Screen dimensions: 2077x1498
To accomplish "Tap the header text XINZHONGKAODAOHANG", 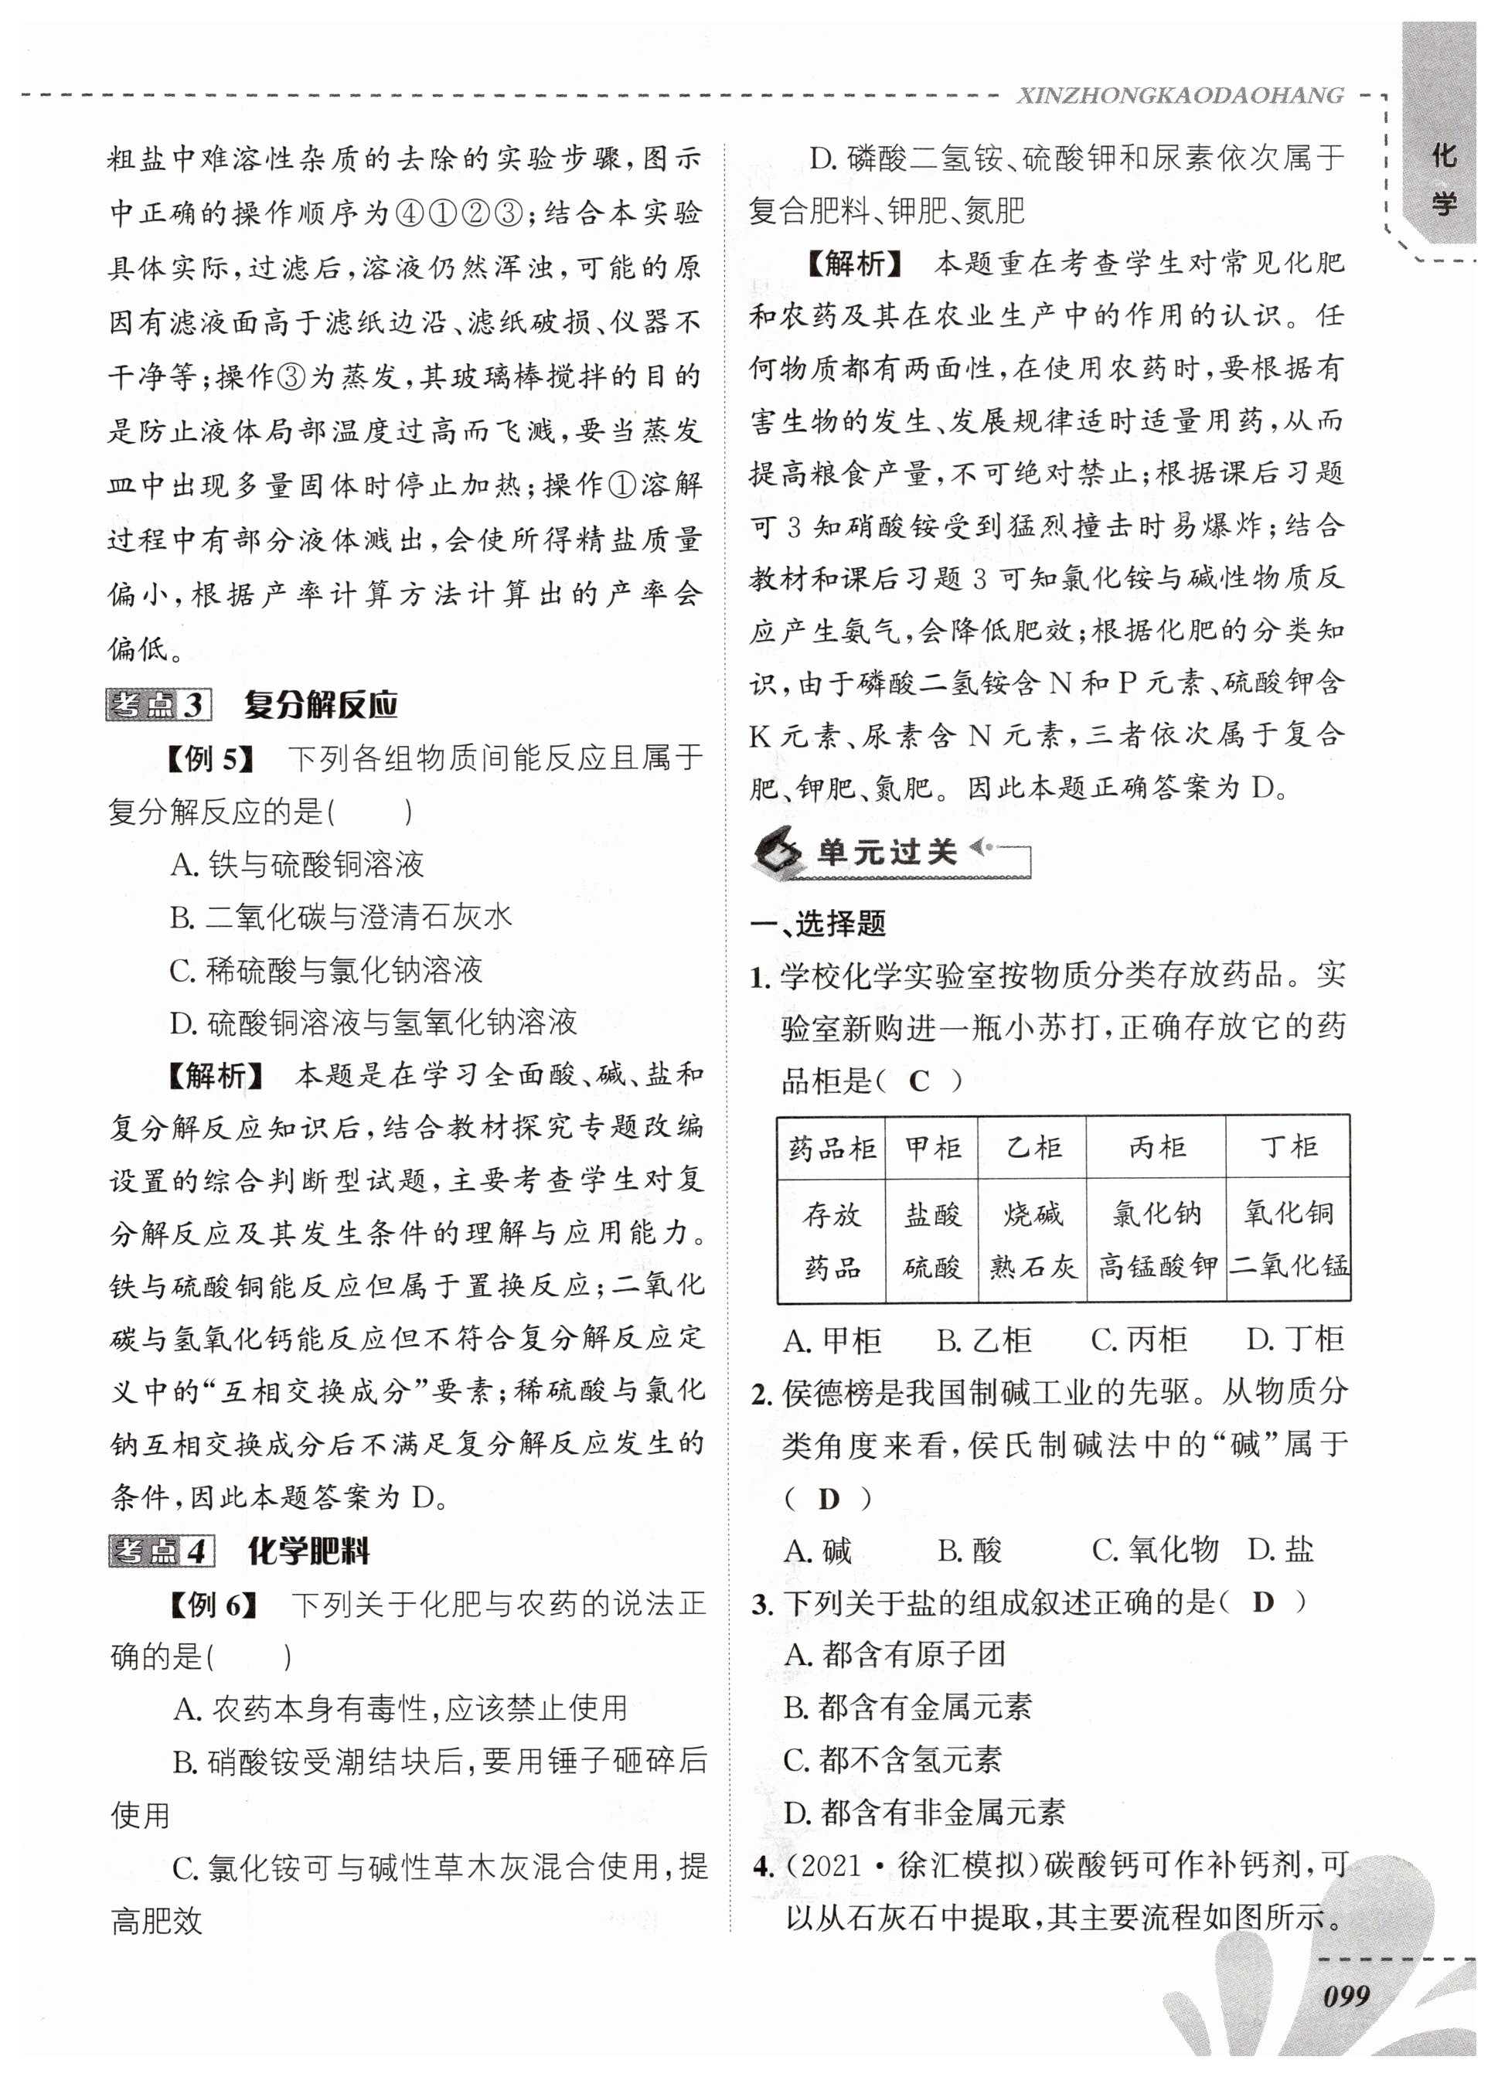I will click(1180, 95).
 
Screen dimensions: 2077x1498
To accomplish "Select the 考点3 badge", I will click(158, 705).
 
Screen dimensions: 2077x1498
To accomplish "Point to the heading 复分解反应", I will click(321, 705).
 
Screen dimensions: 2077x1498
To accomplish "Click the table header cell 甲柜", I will click(931, 1147).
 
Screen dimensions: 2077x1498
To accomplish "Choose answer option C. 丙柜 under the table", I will click(1139, 1340).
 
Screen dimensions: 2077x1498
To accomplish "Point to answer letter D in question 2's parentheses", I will click(828, 1499).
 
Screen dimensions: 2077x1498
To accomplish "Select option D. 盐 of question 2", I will click(1280, 1551).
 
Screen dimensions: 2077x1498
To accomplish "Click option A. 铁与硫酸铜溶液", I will click(297, 864).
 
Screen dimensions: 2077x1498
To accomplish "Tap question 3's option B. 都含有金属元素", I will click(907, 1707).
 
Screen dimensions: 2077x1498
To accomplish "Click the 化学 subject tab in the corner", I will click(1443, 179).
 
